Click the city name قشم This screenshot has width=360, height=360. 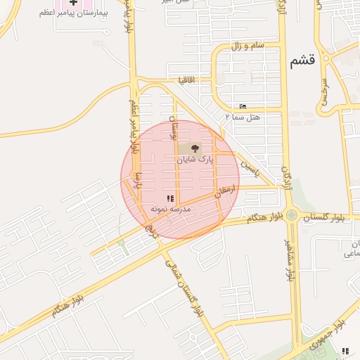pos(302,62)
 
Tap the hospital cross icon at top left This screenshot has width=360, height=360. pos(73,3)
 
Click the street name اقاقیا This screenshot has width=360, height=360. pos(191,79)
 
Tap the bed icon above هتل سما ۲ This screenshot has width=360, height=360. pos(243,106)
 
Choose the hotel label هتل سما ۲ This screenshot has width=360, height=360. pos(243,116)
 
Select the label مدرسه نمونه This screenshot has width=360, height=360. pos(169,210)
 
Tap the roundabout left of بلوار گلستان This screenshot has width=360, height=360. pos(291,216)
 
